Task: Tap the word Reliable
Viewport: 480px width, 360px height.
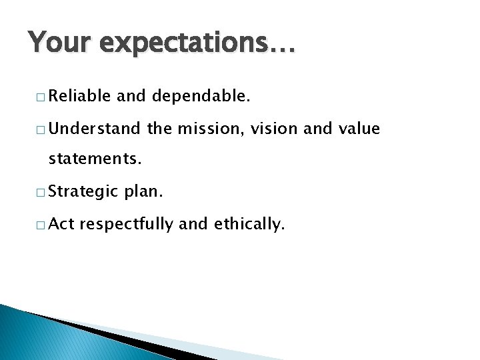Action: click(79, 97)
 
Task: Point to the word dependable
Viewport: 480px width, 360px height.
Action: click(202, 97)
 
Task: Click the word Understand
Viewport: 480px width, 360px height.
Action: click(94, 129)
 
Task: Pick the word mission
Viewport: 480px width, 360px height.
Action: click(209, 129)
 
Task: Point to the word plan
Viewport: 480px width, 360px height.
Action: click(142, 193)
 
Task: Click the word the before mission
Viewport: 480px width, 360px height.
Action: click(159, 129)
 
